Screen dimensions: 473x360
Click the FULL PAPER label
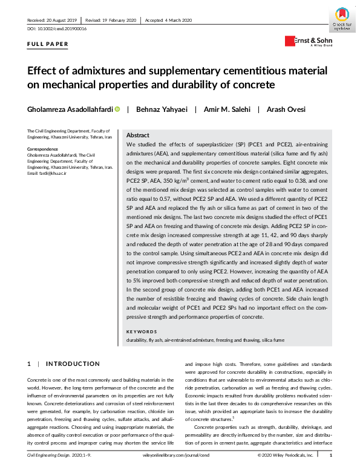pyautogui.click(x=48, y=44)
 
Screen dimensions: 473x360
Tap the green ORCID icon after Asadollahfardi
pyautogui.click(x=117, y=109)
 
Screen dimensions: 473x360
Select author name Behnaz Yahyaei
pyautogui.click(x=162, y=109)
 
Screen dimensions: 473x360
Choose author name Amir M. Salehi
pyautogui.click(x=223, y=109)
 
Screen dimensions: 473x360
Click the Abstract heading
pyautogui.click(x=138, y=135)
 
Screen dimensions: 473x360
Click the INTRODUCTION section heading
pyautogui.click(x=73, y=364)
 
